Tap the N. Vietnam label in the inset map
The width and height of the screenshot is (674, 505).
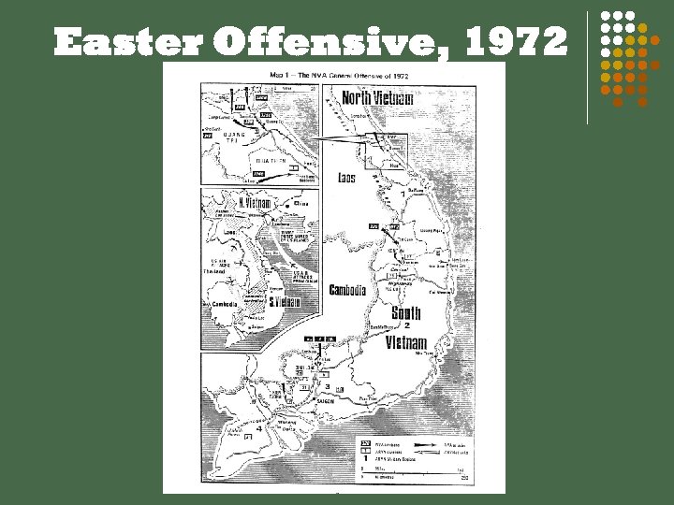pyautogui.click(x=250, y=204)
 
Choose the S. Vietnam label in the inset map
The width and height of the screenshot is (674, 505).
pyautogui.click(x=284, y=302)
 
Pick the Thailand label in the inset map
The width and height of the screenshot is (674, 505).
pyautogui.click(x=217, y=270)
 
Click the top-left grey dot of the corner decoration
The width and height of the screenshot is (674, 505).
pyautogui.click(x=605, y=15)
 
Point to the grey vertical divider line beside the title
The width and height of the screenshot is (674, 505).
pyautogui.click(x=587, y=65)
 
